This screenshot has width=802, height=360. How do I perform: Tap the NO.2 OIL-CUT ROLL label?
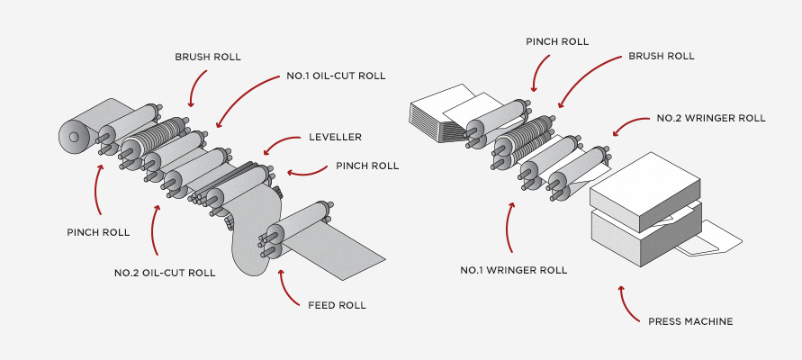pos(165,272)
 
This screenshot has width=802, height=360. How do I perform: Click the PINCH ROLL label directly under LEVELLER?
pos(367,166)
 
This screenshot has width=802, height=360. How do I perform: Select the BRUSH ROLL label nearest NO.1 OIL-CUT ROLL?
pos(208,56)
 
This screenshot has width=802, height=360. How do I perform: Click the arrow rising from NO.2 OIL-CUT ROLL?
pos(155,229)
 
